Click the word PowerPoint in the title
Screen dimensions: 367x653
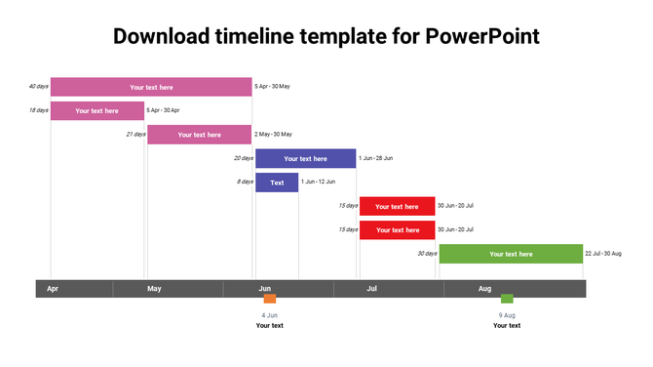[482, 36]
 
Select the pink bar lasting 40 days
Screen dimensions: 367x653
[151, 87]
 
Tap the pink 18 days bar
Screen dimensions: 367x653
[96, 110]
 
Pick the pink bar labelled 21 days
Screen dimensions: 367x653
[199, 135]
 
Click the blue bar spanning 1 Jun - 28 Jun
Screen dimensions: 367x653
[305, 158]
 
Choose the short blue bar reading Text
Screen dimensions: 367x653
[277, 183]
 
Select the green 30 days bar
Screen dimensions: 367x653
[511, 254]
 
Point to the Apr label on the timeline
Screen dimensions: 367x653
[53, 289]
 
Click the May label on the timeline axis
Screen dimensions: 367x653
[154, 289]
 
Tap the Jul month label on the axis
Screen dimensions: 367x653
[371, 289]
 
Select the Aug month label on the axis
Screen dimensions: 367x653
[484, 289]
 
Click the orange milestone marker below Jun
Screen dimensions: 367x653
[270, 299]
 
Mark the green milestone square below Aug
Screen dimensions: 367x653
[507, 299]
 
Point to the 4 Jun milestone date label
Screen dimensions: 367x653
[270, 315]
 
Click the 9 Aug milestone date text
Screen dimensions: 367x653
[507, 315]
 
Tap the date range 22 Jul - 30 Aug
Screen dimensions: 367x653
[603, 254]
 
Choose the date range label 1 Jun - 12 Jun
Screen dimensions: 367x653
[318, 182]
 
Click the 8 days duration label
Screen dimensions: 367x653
[245, 182]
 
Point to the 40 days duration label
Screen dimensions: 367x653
[39, 86]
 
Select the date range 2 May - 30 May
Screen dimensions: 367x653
[273, 134]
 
